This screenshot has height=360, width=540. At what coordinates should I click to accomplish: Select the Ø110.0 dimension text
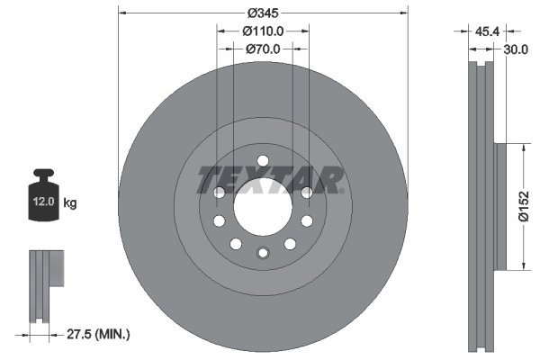click(x=263, y=32)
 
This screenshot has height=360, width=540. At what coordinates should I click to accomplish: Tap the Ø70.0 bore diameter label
click(x=263, y=50)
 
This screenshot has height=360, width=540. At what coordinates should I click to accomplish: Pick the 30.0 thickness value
click(x=517, y=51)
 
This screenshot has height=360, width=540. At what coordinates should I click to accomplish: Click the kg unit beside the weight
click(x=70, y=203)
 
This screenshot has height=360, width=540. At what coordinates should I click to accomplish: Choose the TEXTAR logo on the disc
click(x=270, y=180)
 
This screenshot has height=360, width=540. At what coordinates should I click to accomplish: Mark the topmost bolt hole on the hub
click(x=262, y=162)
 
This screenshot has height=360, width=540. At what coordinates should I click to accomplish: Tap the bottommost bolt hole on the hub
click(x=262, y=253)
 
